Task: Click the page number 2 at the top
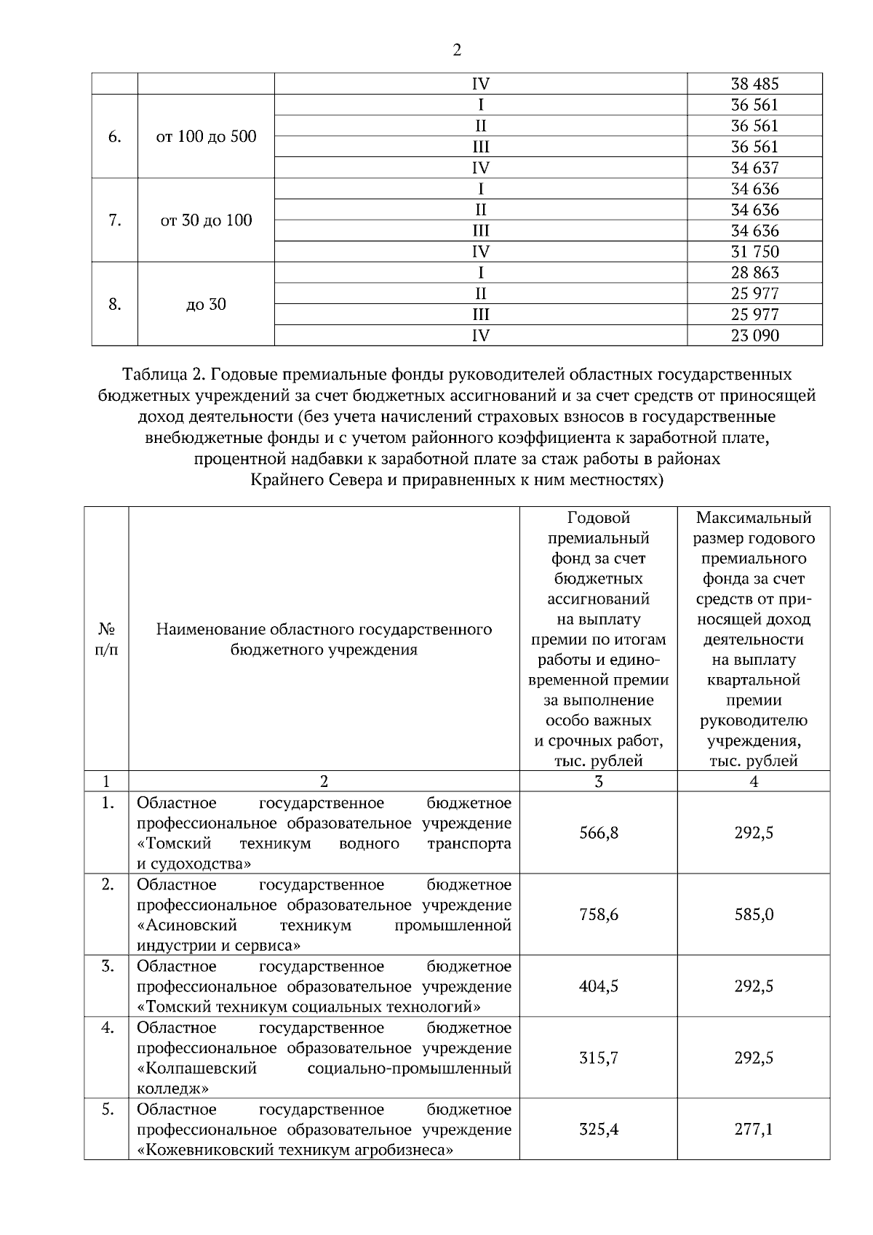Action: point(456,50)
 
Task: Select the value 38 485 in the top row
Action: point(754,84)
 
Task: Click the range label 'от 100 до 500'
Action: point(206,137)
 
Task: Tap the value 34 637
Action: point(754,168)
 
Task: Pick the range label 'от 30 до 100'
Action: point(206,220)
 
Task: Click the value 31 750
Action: point(754,252)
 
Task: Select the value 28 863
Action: point(754,273)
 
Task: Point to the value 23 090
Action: point(754,335)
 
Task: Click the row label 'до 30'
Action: point(206,304)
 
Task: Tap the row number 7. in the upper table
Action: point(114,220)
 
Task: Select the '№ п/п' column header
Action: point(106,639)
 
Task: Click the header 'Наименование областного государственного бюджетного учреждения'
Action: point(324,639)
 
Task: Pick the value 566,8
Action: point(598,833)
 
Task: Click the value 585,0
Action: point(754,914)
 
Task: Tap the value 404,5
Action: point(598,986)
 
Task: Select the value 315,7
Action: point(598,1058)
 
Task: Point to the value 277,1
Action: point(754,1129)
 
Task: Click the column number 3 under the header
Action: point(598,782)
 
